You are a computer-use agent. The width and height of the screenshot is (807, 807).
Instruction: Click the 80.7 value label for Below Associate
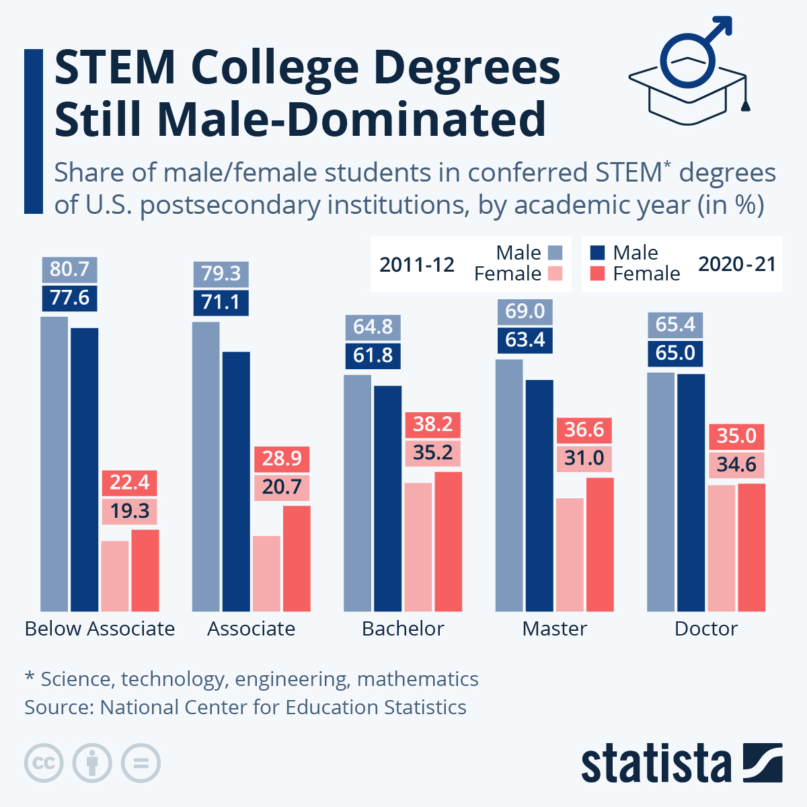[69, 270]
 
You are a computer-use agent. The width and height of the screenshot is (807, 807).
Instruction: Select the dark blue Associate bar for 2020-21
[236, 481]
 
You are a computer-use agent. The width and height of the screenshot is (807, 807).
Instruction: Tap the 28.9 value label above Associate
[282, 459]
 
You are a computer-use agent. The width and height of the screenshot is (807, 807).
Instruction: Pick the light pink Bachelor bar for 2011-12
[418, 547]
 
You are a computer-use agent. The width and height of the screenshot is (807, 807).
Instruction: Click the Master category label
[554, 629]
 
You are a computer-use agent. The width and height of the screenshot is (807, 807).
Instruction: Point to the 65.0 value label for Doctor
[675, 353]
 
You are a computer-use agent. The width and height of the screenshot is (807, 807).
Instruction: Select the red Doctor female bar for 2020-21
[751, 547]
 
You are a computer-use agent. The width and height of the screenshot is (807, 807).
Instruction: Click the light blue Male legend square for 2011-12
[555, 253]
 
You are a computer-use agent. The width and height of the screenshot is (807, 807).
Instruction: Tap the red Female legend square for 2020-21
[597, 274]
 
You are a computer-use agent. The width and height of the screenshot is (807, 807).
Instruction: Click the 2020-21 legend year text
[737, 264]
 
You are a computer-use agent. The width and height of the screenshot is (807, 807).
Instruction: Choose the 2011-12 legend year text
[417, 265]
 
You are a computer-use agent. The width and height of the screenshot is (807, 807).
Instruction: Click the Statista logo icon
[763, 763]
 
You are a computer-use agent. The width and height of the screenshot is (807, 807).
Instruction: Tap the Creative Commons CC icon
[44, 763]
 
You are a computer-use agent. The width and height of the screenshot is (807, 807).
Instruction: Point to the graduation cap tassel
[745, 104]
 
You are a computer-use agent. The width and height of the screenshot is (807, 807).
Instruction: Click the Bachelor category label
[403, 629]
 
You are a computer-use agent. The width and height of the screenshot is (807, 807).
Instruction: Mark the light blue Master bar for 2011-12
[509, 485]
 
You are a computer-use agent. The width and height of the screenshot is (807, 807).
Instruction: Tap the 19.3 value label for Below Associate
[130, 511]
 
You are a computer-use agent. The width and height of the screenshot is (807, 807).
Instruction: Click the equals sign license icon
[141, 763]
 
